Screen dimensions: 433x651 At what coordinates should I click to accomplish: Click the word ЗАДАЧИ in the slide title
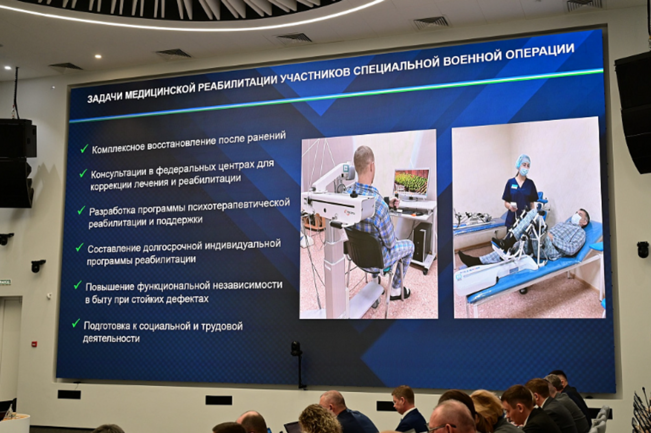[x=104, y=98]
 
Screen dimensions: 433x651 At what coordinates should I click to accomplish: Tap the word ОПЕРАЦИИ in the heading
[x=540, y=53]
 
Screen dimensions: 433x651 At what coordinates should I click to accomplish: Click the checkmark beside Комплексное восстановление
[x=84, y=149]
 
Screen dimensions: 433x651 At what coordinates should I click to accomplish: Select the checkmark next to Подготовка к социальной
[x=76, y=323]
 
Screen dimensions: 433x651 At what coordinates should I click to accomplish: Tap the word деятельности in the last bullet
[x=111, y=338]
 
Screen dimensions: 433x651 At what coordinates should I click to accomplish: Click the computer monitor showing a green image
[x=411, y=183]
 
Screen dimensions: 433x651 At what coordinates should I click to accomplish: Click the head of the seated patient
[x=363, y=160]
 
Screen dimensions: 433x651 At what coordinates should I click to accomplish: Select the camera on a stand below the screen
[x=296, y=349]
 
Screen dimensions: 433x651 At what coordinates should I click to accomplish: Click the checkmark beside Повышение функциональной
[x=77, y=285]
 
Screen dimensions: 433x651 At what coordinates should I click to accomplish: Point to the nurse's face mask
[x=524, y=171]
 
